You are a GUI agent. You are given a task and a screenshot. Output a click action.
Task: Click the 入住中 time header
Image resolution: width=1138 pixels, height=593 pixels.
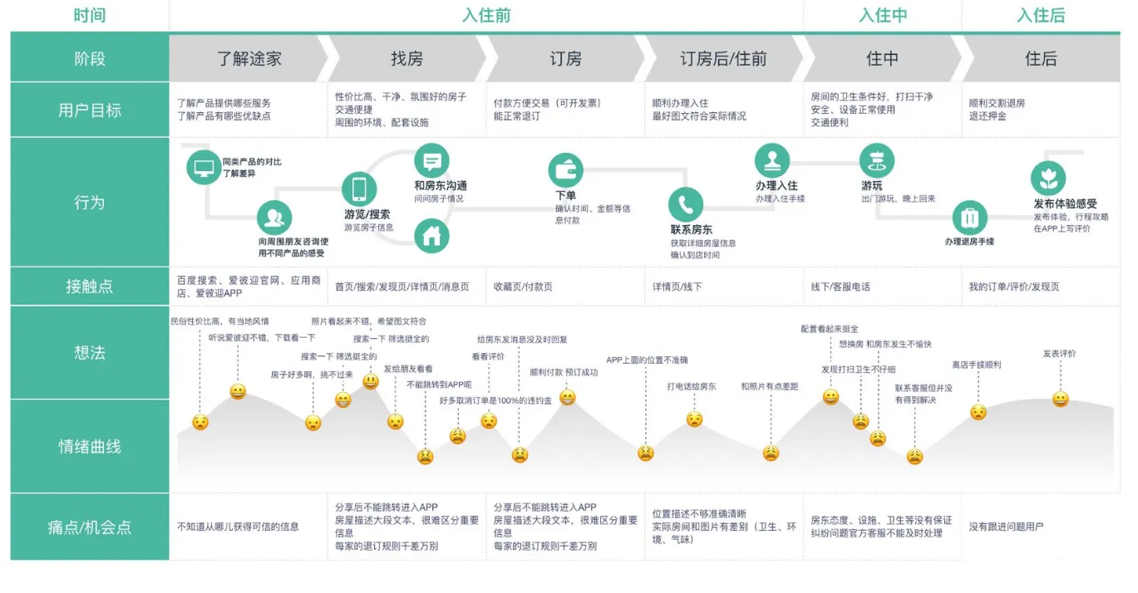pyautogui.click(x=883, y=15)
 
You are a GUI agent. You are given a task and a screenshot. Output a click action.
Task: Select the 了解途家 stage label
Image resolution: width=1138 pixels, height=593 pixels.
pyautogui.click(x=249, y=59)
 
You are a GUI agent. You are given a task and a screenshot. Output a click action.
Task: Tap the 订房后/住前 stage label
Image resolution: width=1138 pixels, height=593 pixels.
pyautogui.click(x=723, y=59)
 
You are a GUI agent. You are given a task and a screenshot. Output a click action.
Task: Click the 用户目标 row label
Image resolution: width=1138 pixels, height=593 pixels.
pyautogui.click(x=90, y=110)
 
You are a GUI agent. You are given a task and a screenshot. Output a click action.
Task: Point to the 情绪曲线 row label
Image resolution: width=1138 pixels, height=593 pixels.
pyautogui.click(x=90, y=447)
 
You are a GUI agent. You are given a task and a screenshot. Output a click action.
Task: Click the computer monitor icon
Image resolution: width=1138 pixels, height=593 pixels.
pyautogui.click(x=204, y=167)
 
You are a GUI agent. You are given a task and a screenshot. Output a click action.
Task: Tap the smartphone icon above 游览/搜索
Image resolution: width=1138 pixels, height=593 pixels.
pyautogui.click(x=359, y=189)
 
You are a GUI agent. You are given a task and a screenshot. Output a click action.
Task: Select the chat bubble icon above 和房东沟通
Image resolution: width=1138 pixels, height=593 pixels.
pyautogui.click(x=431, y=161)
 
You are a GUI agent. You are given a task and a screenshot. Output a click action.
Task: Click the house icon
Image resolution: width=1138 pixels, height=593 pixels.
pyautogui.click(x=431, y=236)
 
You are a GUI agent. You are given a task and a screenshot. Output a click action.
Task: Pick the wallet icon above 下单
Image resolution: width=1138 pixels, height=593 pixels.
pyautogui.click(x=565, y=170)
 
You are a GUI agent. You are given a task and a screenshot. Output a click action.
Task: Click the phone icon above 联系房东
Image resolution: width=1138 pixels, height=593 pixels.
pyautogui.click(x=686, y=204)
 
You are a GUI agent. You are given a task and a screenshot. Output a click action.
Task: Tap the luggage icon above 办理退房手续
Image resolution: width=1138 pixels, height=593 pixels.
pyautogui.click(x=969, y=218)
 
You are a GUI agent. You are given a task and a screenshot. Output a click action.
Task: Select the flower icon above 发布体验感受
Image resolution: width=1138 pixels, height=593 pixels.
pyautogui.click(x=1048, y=179)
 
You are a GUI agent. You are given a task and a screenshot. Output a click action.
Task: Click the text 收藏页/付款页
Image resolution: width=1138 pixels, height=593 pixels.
pyautogui.click(x=523, y=287)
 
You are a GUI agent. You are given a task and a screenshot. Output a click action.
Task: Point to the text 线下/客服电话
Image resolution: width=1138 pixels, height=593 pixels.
pyautogui.click(x=840, y=287)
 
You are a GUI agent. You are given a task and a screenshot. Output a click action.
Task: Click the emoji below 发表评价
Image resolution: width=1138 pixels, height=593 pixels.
pyautogui.click(x=1060, y=399)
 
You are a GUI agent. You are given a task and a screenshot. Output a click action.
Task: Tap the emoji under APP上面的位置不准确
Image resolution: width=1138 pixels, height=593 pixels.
pyautogui.click(x=646, y=453)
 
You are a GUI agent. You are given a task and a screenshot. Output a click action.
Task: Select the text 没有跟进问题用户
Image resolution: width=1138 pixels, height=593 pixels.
pyautogui.click(x=1006, y=527)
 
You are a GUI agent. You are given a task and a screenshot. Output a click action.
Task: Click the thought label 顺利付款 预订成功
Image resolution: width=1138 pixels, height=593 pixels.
pyautogui.click(x=564, y=372)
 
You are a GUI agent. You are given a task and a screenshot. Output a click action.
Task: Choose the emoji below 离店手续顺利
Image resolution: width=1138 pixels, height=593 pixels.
pyautogui.click(x=978, y=412)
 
